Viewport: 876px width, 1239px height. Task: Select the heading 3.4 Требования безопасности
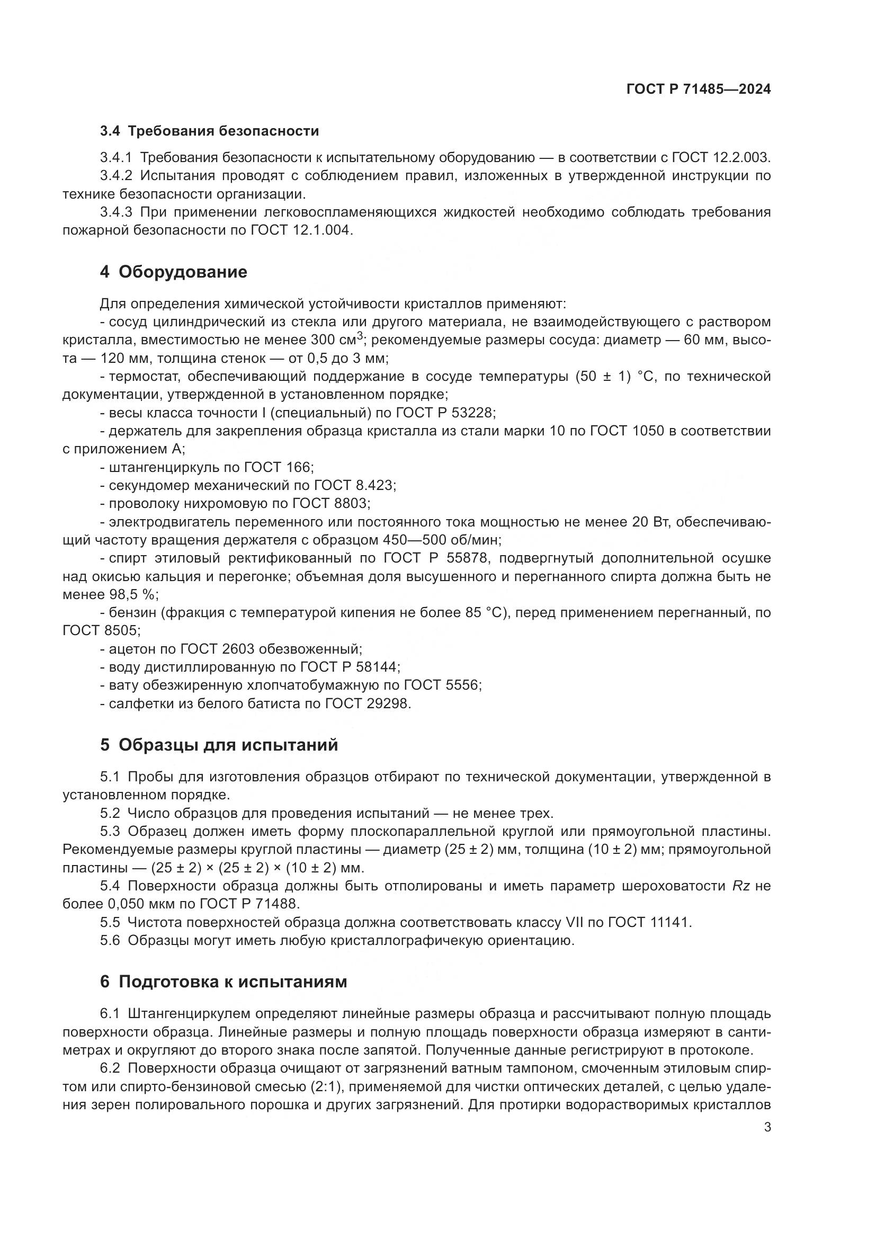click(209, 131)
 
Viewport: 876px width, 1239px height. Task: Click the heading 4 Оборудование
click(173, 272)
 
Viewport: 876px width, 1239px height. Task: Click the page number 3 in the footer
click(767, 1127)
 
